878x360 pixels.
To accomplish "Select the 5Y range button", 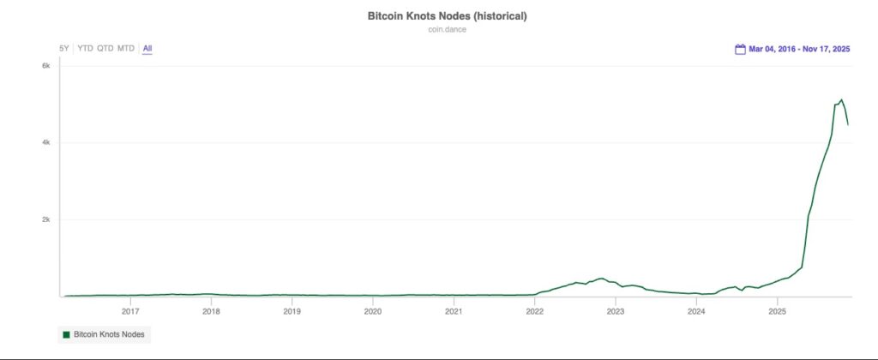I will [64, 48].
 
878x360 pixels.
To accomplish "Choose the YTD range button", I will [85, 48].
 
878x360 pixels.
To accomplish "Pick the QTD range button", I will [105, 48].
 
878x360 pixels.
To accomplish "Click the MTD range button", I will [126, 48].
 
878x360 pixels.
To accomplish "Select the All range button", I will [147, 48].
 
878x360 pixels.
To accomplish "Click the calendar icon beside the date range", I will [740, 50].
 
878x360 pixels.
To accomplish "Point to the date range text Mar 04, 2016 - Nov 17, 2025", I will [799, 50].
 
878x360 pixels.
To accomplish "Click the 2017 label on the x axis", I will [130, 311].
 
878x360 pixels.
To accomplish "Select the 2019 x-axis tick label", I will [292, 311].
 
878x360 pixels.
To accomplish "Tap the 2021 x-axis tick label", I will [454, 311].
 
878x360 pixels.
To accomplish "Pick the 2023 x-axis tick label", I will [615, 311].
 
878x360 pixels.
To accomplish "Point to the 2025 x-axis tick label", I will [777, 311].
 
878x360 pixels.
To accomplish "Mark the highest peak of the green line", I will [841, 99].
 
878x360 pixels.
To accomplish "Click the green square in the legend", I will [65, 333].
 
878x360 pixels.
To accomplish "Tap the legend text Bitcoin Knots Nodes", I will [109, 333].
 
